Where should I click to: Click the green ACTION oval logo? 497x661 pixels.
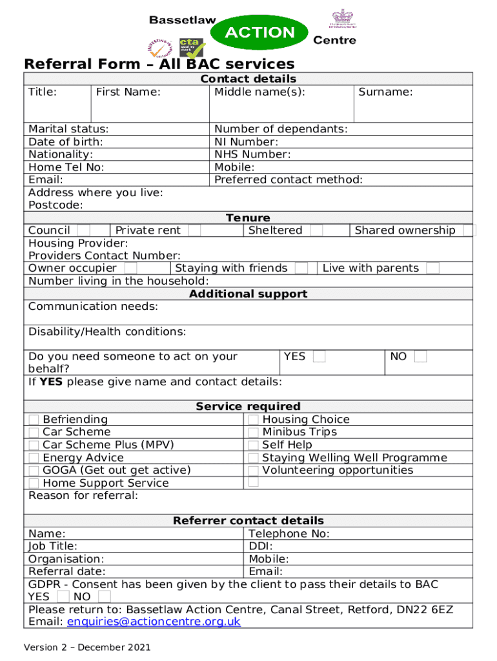pyautogui.click(x=259, y=33)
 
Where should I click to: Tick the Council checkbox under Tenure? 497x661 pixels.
pyautogui.click(x=83, y=230)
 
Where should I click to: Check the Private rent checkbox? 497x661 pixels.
pyautogui.click(x=194, y=230)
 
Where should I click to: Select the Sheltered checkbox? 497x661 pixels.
pyautogui.click(x=316, y=230)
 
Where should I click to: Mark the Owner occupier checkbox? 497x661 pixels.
pyautogui.click(x=130, y=268)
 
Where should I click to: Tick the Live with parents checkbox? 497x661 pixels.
pyautogui.click(x=432, y=268)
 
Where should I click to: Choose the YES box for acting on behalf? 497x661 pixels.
pyautogui.click(x=319, y=356)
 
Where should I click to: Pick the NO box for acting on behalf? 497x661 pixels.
pyautogui.click(x=420, y=356)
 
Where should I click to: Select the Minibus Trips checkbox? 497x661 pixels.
pyautogui.click(x=254, y=432)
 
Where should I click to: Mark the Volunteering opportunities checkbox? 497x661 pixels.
pyautogui.click(x=254, y=471)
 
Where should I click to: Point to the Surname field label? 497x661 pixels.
pyautogui.click(x=385, y=92)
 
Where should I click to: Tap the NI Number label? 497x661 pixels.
pyautogui.click(x=246, y=141)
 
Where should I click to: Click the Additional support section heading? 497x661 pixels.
pyautogui.click(x=248, y=294)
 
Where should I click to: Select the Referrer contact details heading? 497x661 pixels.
pyautogui.click(x=248, y=520)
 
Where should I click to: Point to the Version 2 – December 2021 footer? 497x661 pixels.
pyautogui.click(x=87, y=647)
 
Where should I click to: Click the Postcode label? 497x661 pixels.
pyautogui.click(x=56, y=205)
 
